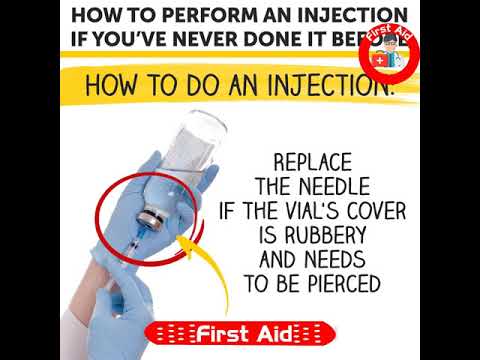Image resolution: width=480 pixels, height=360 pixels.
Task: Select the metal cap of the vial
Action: point(153,216)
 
